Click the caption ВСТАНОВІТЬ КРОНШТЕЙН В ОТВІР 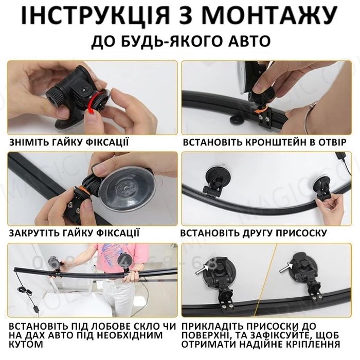262,142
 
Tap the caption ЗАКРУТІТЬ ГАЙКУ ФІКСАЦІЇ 74,233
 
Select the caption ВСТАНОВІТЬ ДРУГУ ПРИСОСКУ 255,233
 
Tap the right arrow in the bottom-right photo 285,267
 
